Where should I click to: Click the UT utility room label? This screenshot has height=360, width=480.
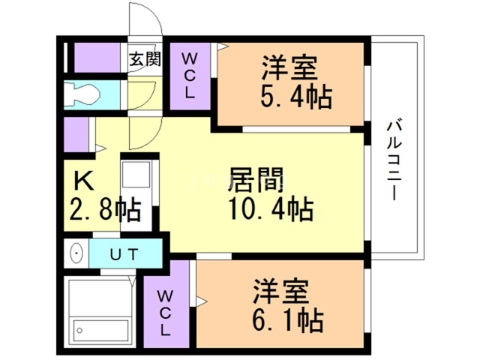(x=124, y=254)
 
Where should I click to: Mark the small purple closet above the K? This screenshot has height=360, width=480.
(x=76, y=136)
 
